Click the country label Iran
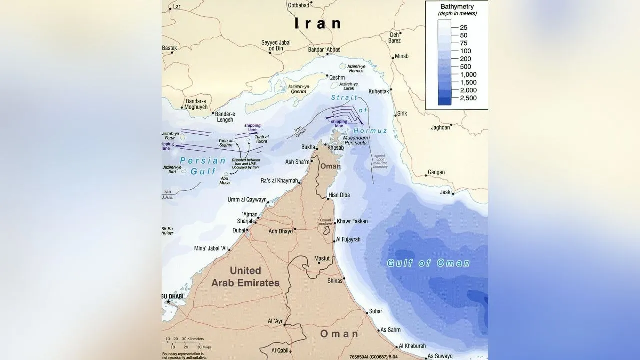pos(318,23)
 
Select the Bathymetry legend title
pos(457,7)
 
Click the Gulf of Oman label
pos(428,263)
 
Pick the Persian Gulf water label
pos(198,166)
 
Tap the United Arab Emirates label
pos(245,277)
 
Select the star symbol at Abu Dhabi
pos(169,302)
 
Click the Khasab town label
pos(335,148)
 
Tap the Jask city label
pos(445,192)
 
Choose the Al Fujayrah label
pos(348,240)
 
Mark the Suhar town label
pos(375,311)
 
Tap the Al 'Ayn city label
pos(277,321)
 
